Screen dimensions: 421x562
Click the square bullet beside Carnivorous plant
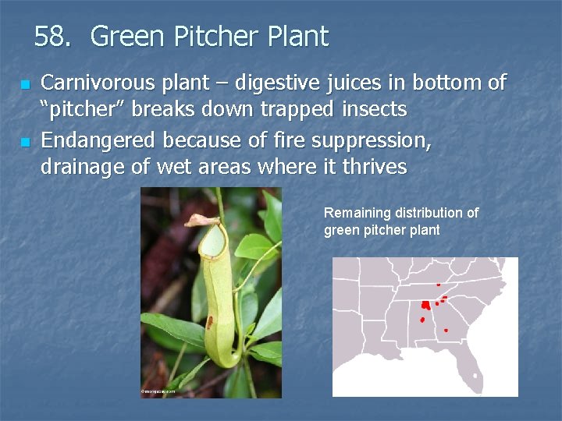[24, 84]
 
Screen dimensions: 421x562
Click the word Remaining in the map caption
[357, 213]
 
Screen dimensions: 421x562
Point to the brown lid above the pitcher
[201, 221]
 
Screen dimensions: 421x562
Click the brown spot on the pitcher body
[208, 320]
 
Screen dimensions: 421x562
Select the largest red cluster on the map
[426, 305]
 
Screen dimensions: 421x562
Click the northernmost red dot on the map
[439, 285]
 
